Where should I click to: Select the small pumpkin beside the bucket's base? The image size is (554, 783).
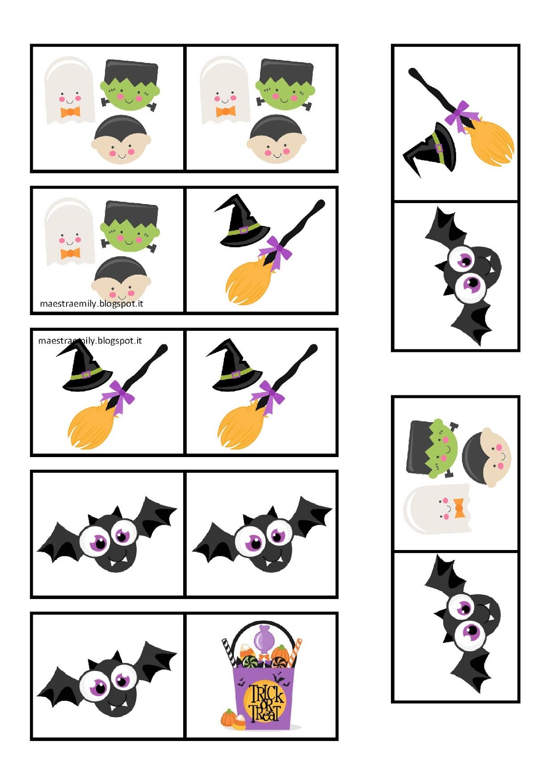tap(228, 717)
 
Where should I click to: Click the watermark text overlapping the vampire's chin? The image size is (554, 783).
tap(92, 303)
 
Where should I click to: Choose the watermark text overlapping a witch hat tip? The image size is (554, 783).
tap(90, 341)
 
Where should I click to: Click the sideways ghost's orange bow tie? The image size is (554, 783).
tap(459, 508)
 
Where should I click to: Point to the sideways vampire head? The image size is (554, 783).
tap(486, 457)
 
